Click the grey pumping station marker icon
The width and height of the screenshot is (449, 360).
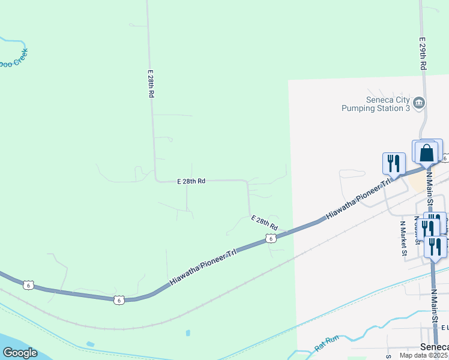pyautogui.click(x=420, y=103)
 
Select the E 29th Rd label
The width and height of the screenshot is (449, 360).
pyautogui.click(x=423, y=54)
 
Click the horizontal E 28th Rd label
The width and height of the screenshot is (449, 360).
pyautogui.click(x=191, y=181)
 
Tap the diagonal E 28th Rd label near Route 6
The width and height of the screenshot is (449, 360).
pyautogui.click(x=264, y=223)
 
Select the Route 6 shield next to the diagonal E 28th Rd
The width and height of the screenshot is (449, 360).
pyautogui.click(x=271, y=239)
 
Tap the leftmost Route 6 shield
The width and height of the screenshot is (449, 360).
pyautogui.click(x=28, y=285)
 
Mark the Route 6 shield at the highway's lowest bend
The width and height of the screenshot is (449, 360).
pyautogui.click(x=119, y=299)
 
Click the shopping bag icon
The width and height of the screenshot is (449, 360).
pyautogui.click(x=427, y=152)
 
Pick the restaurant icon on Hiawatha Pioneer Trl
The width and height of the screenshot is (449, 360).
pyautogui.click(x=394, y=163)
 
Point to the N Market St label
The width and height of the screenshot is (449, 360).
pyautogui.click(x=403, y=238)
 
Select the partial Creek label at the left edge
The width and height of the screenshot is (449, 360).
pyautogui.click(x=13, y=62)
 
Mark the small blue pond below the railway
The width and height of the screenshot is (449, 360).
pyautogui.click(x=188, y=333)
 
